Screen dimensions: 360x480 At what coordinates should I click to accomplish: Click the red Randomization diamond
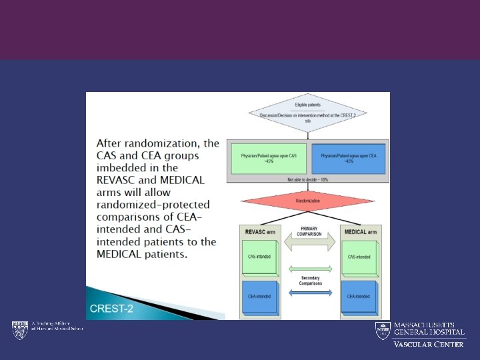tap(307, 200)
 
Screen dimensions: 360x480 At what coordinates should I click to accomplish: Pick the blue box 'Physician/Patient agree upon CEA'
tap(348, 159)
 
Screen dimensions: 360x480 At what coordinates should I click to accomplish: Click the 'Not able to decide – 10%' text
tap(307, 179)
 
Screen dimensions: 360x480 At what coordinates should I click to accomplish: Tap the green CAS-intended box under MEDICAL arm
tap(359, 257)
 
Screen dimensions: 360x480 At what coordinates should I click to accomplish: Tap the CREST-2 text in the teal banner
tap(112, 309)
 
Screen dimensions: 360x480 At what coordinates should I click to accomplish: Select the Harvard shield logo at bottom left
tap(19, 329)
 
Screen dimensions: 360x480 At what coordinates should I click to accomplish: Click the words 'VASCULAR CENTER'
tap(428, 344)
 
